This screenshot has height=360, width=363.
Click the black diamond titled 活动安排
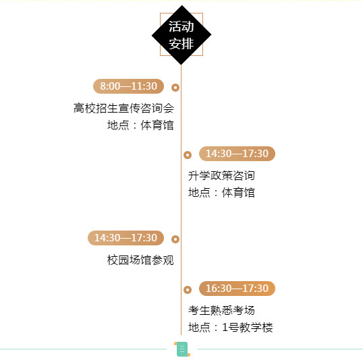pyautogui.click(x=181, y=35)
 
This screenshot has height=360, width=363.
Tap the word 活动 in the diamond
pyautogui.click(x=181, y=26)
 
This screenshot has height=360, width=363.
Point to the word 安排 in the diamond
pyautogui.click(x=181, y=44)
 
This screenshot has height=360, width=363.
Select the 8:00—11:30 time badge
pyautogui.click(x=128, y=86)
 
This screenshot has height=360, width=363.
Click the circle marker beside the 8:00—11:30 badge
pyautogui.click(x=175, y=88)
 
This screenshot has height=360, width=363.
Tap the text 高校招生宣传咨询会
pyautogui.click(x=123, y=109)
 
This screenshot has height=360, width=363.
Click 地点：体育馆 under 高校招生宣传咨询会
pyautogui.click(x=140, y=125)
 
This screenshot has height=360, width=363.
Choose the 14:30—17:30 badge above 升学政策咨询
pyautogui.click(x=237, y=154)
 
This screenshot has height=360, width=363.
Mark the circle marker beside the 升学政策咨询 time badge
pyautogui.click(x=188, y=155)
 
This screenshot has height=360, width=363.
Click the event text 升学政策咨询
pyautogui.click(x=221, y=175)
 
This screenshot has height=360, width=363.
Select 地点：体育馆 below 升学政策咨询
pyautogui.click(x=221, y=193)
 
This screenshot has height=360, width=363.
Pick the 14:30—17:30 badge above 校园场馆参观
pyautogui.click(x=125, y=238)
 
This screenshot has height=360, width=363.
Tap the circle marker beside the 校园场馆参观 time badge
pyautogui.click(x=175, y=239)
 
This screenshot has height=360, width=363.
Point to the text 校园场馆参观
pyautogui.click(x=140, y=260)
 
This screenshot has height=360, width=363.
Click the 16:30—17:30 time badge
pyautogui.click(x=237, y=289)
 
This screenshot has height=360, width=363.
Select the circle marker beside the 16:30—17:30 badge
pyautogui.click(x=188, y=290)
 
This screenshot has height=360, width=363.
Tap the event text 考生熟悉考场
pyautogui.click(x=221, y=311)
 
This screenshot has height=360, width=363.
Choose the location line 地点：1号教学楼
pyautogui.click(x=231, y=328)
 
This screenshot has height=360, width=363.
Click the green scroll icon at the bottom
pyautogui.click(x=182, y=349)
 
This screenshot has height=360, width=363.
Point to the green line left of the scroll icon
pyautogui.click(x=83, y=349)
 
